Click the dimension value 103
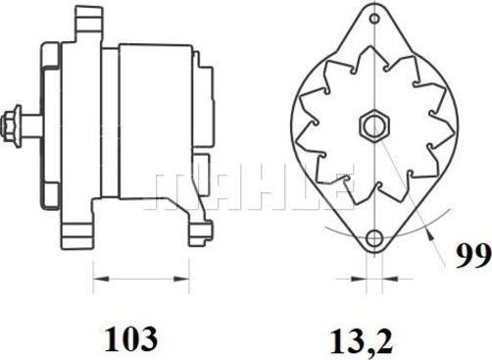[x=130, y=339]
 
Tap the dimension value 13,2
[x=362, y=341]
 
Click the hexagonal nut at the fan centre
[x=375, y=126]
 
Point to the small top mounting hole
[x=375, y=19]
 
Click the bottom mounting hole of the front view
[x=374, y=239]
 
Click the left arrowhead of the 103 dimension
[x=101, y=279]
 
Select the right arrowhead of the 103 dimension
[x=181, y=279]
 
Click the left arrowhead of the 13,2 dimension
[x=359, y=279]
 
